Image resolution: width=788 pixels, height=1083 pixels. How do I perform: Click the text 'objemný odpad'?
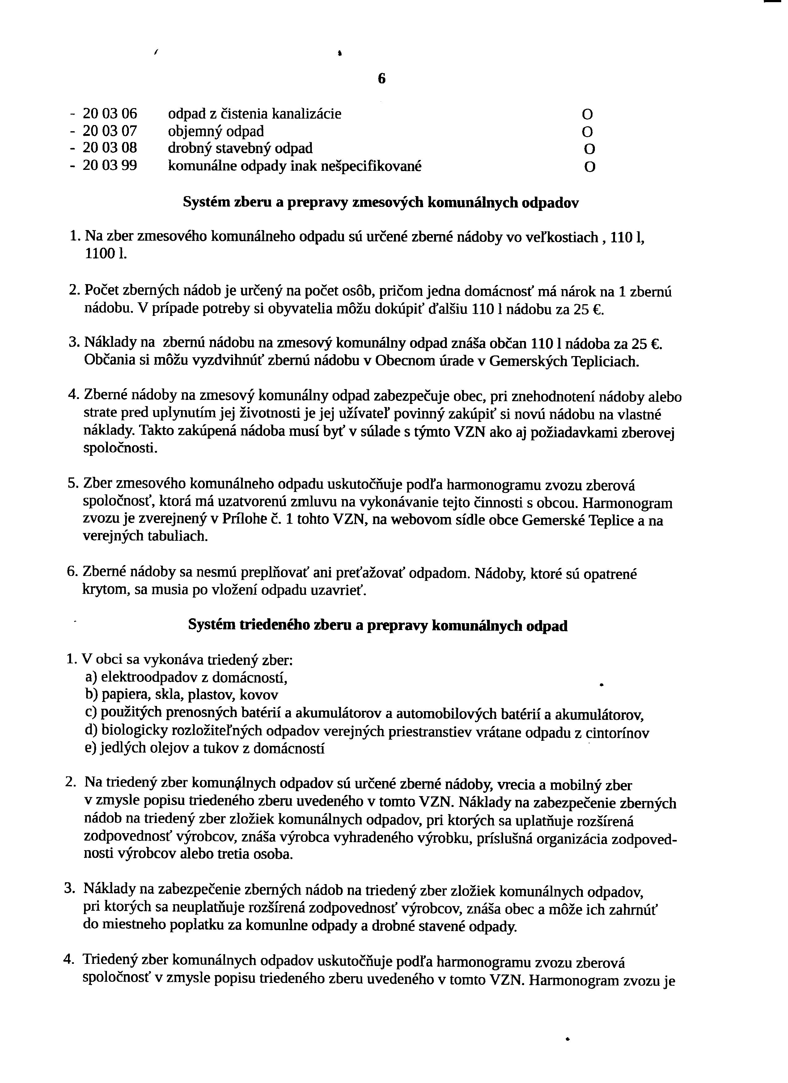click(x=215, y=131)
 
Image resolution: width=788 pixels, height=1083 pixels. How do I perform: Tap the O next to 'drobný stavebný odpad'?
click(x=590, y=149)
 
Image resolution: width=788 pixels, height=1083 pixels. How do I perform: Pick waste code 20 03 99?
click(x=110, y=166)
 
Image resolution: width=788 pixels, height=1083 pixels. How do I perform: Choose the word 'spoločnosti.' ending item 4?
click(x=121, y=448)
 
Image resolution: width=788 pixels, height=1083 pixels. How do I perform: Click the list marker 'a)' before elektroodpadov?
click(x=91, y=677)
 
